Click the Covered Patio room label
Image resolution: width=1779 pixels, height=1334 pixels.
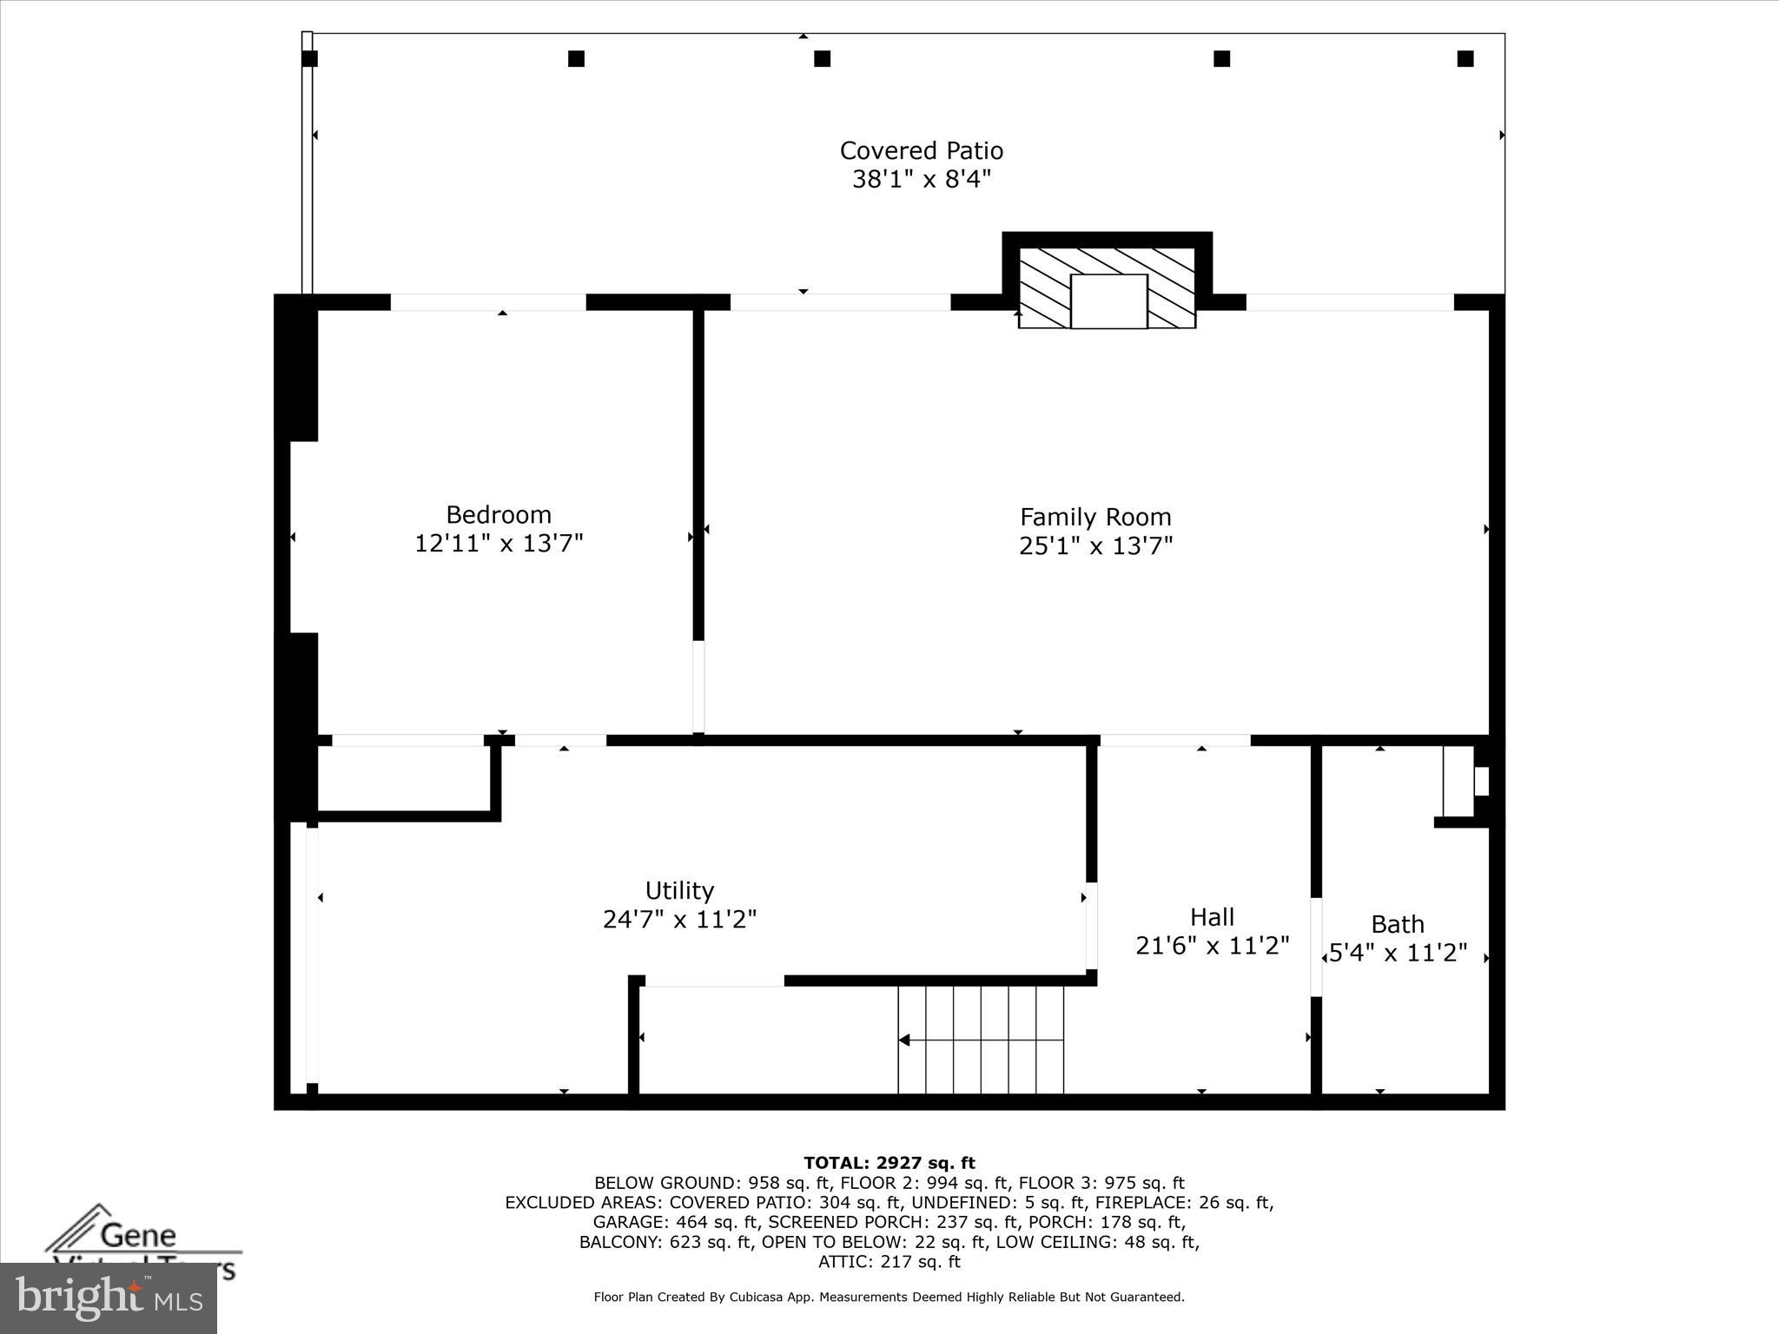click(x=921, y=151)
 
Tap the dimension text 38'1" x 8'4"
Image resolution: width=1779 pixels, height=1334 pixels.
click(x=921, y=180)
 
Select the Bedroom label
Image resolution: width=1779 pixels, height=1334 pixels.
click(x=499, y=514)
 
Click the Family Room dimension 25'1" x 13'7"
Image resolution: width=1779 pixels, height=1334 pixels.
click(x=1095, y=546)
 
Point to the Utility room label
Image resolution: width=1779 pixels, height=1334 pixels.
click(x=679, y=890)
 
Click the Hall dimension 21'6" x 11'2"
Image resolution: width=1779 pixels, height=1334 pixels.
click(x=1212, y=946)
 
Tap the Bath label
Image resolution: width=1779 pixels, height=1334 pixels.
click(x=1397, y=924)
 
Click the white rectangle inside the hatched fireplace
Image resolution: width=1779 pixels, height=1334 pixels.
click(x=1108, y=301)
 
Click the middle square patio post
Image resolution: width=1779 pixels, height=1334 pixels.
click(x=822, y=59)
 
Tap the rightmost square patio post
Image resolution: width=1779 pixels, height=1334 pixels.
click(x=1465, y=59)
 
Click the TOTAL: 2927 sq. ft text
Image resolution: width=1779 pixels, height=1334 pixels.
click(x=889, y=1163)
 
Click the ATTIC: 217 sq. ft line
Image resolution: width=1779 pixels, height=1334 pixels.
click(x=889, y=1262)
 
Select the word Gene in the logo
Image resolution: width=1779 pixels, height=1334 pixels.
click(x=138, y=1234)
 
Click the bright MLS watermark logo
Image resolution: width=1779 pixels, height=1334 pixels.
click(x=108, y=1298)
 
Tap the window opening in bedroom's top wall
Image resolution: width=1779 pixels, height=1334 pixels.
click(x=488, y=302)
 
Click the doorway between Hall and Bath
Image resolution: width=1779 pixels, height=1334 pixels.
click(x=1316, y=947)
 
